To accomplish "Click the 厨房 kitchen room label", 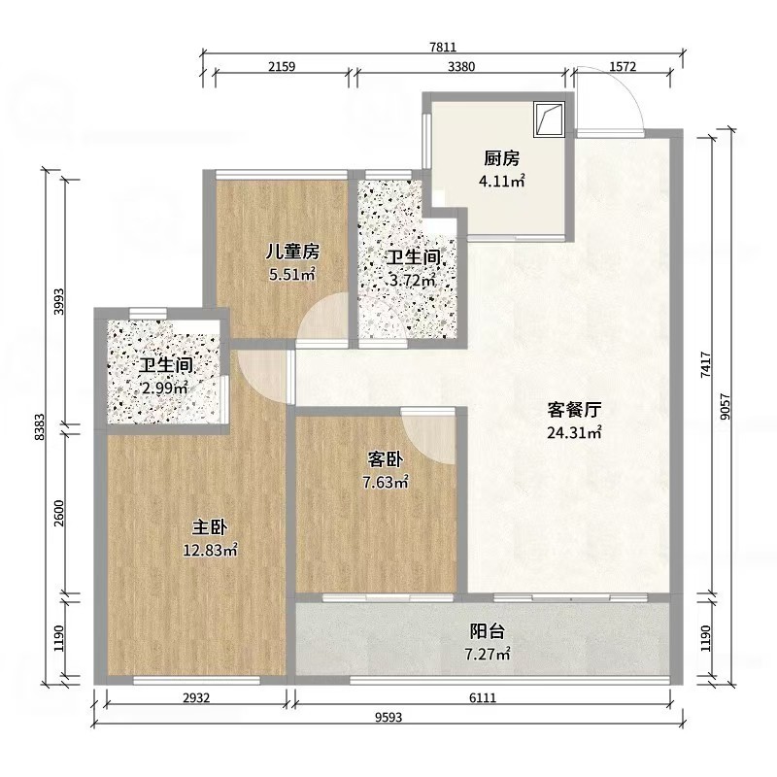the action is [x=501, y=158].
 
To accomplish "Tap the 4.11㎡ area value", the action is [x=501, y=181].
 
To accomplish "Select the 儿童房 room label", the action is [x=292, y=252].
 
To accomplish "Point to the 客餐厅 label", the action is [x=574, y=410].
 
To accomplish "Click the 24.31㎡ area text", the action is [x=574, y=432].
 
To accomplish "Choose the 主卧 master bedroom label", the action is [x=210, y=527].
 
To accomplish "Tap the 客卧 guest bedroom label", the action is [x=385, y=459].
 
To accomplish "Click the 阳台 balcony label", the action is [x=488, y=631].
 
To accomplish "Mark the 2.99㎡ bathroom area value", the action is [x=164, y=388].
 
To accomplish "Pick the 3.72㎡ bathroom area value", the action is [x=412, y=281].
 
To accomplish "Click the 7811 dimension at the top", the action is [x=443, y=47].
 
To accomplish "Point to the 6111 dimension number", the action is [x=482, y=697].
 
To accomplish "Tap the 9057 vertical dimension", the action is [x=725, y=407].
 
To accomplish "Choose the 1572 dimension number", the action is [x=623, y=66].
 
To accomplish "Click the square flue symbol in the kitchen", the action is [x=549, y=119].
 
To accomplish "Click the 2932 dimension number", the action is [x=197, y=697].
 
